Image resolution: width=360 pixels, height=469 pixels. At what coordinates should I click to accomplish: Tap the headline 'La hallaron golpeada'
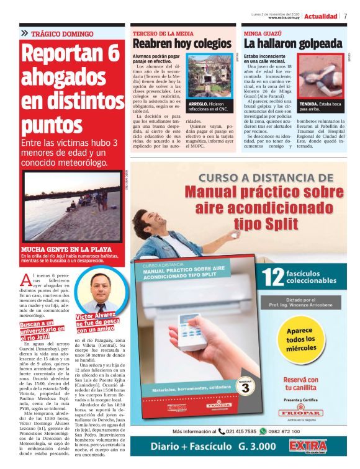[292, 43]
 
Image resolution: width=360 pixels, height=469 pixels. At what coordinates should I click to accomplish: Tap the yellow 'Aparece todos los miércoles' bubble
[300, 338]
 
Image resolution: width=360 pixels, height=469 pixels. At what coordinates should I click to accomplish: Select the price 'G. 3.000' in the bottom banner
[259, 446]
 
